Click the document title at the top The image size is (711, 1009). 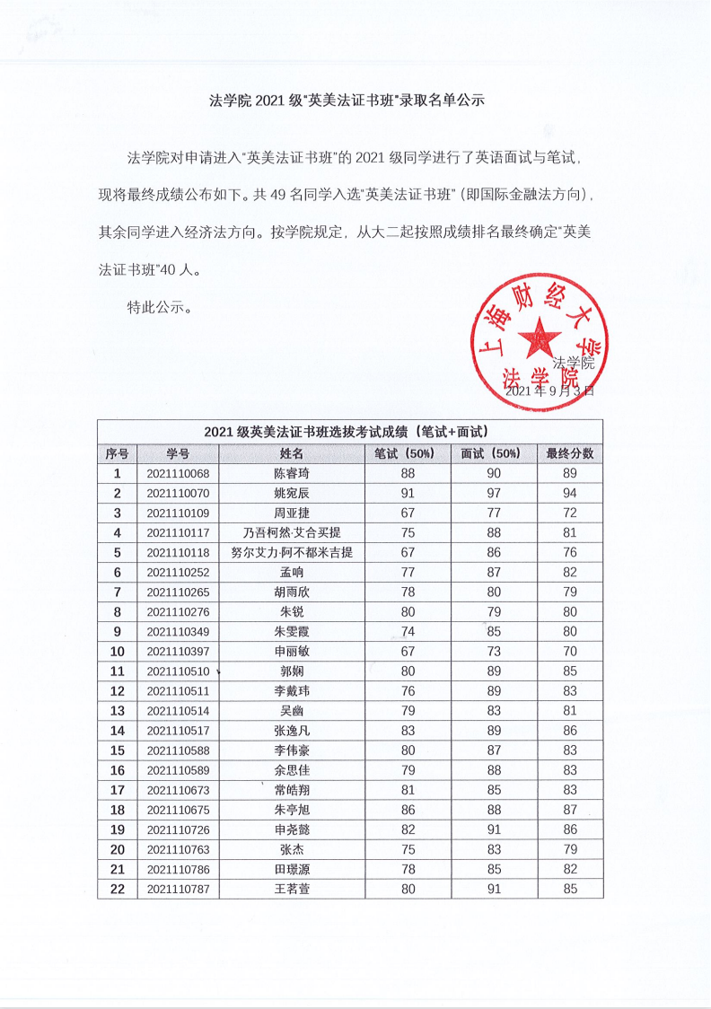coord(347,101)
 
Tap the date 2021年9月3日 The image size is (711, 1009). coord(549,391)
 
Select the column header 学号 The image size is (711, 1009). coord(178,454)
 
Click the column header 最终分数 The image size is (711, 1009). coord(569,454)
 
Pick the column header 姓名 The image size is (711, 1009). coord(293,454)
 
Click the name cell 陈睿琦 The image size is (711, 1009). coord(293,474)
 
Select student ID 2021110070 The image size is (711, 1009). coord(178,494)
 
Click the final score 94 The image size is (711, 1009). coord(569,494)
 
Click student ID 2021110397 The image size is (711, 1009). coord(178,652)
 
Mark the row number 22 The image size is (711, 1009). coord(117,889)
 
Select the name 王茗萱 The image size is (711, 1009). coord(293,889)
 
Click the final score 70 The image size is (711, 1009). coord(569,652)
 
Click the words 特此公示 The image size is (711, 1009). coord(160,307)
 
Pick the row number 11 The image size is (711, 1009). coord(117,671)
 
